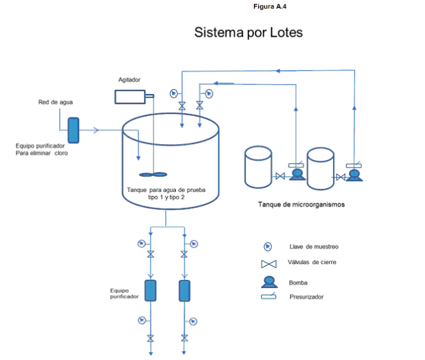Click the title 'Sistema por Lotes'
(x=248, y=33)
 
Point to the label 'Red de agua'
(x=55, y=102)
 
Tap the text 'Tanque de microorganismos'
(x=301, y=204)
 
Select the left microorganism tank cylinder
(x=258, y=167)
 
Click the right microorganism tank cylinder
(x=320, y=167)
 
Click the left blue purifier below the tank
(x=151, y=290)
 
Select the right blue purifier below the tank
(x=185, y=290)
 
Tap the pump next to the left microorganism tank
(x=297, y=175)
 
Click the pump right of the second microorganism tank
(x=354, y=175)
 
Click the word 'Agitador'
(x=129, y=79)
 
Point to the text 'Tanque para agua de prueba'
(x=166, y=190)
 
